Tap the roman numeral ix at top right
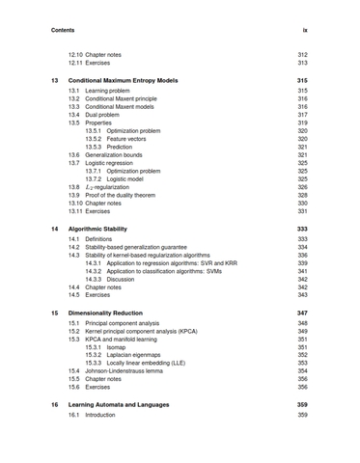click(304, 30)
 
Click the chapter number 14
click(55, 229)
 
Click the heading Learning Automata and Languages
click(128, 404)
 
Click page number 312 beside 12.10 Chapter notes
click(302, 55)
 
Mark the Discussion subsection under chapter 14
click(121, 279)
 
